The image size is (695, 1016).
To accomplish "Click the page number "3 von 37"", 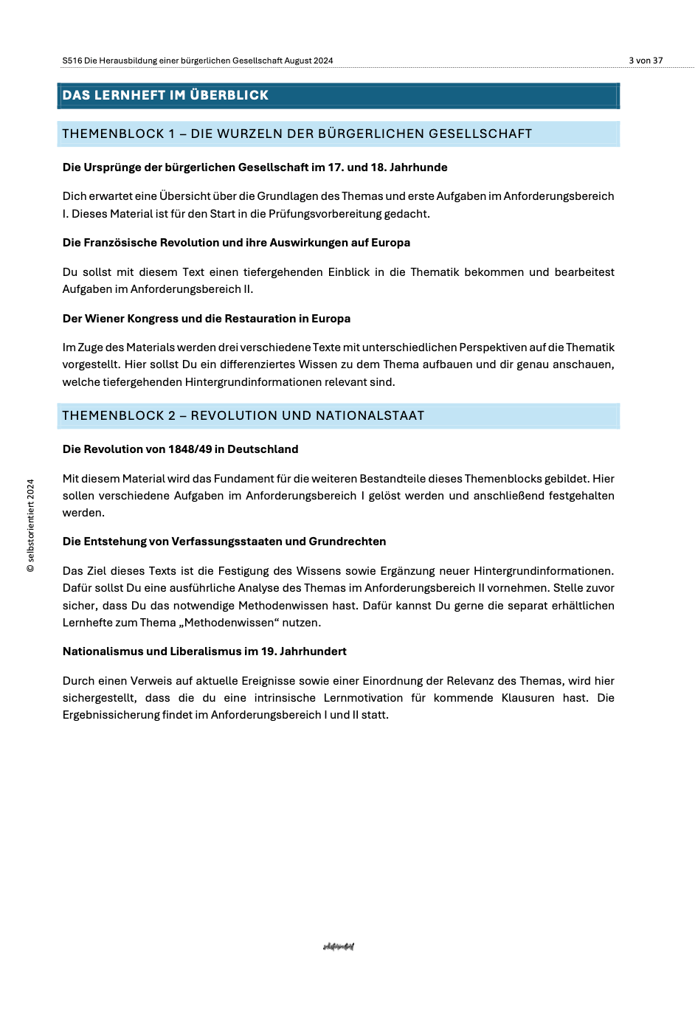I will coord(646,61).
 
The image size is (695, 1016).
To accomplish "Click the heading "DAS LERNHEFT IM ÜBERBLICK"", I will coord(165,95).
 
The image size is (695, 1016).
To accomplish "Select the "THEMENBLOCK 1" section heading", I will coord(297,134).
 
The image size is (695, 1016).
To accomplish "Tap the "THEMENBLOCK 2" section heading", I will coord(243,415).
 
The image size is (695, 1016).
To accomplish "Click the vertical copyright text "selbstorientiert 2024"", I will coord(30,525).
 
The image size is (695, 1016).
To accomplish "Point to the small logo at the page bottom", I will coord(339,947).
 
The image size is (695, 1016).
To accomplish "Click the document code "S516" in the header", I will coord(72,61).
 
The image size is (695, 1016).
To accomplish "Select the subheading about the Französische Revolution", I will coord(236,243).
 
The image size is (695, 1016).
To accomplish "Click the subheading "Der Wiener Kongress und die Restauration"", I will coord(206,319).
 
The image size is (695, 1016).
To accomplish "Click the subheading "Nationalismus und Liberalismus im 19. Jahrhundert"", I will coord(204,652).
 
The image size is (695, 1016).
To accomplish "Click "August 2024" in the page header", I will coord(308,61).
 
